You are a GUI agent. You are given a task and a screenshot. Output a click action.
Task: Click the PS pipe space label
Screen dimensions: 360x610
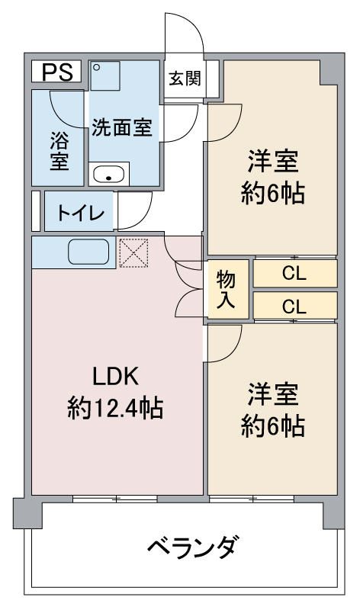[56, 72]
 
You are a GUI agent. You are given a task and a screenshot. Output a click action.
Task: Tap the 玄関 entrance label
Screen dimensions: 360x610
[185, 79]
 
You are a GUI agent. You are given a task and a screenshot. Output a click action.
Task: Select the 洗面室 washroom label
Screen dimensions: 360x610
[122, 127]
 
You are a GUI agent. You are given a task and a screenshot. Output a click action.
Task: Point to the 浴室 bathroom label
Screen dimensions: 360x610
[59, 151]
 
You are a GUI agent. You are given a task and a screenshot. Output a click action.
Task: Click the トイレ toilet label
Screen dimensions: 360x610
[81, 213]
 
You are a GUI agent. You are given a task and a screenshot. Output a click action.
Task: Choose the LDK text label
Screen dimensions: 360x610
[116, 376]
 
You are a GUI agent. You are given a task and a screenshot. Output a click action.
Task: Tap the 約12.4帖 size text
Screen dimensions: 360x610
[115, 408]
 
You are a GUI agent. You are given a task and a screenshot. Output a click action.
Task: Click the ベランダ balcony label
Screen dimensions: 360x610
[193, 547]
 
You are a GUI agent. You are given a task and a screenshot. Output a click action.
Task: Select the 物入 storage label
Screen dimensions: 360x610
[226, 289]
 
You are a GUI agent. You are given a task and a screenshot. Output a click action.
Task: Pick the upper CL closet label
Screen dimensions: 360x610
[294, 274]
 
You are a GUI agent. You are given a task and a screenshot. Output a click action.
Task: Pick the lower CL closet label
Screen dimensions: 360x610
[294, 307]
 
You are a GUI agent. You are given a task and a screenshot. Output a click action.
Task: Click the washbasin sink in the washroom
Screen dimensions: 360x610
[108, 174]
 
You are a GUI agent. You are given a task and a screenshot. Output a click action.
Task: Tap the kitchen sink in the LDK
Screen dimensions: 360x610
[88, 252]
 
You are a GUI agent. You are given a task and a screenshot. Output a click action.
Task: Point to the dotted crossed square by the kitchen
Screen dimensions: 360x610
[133, 253]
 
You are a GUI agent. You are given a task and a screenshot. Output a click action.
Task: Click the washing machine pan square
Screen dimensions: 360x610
[105, 75]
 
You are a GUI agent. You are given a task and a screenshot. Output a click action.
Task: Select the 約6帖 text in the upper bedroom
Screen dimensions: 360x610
[272, 193]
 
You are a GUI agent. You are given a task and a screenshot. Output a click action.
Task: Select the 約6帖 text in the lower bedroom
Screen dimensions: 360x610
[272, 426]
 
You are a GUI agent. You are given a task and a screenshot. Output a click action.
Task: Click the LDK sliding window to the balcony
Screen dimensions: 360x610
[115, 499]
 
